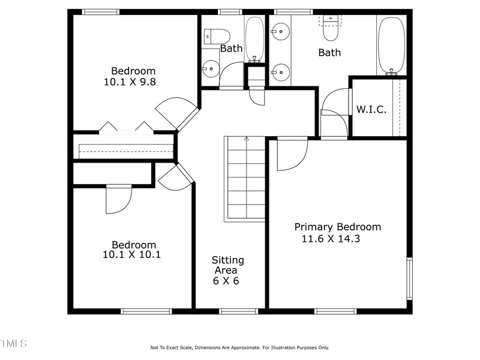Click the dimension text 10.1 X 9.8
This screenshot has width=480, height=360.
(130, 82)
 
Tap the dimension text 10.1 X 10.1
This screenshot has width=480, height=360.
(131, 254)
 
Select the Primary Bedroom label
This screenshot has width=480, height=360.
(337, 227)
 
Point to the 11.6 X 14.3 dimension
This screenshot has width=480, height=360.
(330, 239)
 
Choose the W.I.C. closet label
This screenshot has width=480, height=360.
(371, 109)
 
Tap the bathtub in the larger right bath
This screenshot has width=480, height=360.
(392, 45)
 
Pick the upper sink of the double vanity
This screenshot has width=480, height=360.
(280, 30)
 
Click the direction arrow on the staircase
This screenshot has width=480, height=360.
(246, 140)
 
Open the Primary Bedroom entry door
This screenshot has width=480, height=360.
(292, 154)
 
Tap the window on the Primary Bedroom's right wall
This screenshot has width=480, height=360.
(410, 278)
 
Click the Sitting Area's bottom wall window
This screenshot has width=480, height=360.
(238, 311)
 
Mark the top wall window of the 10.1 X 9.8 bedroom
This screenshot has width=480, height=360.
(100, 11)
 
